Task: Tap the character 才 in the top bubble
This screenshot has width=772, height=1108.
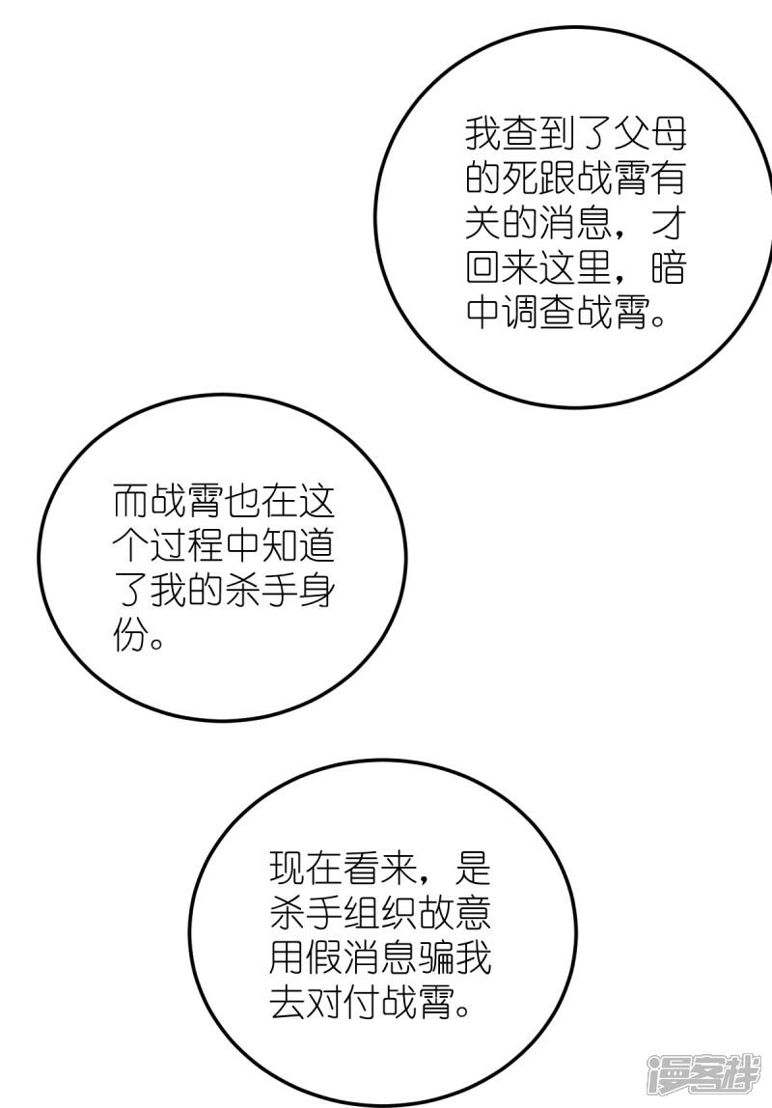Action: coord(668,223)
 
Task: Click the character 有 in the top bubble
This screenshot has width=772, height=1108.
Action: coord(668,179)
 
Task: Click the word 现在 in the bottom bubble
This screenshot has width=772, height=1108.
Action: coord(306,872)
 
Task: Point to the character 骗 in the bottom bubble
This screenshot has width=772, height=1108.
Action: coord(436,961)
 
